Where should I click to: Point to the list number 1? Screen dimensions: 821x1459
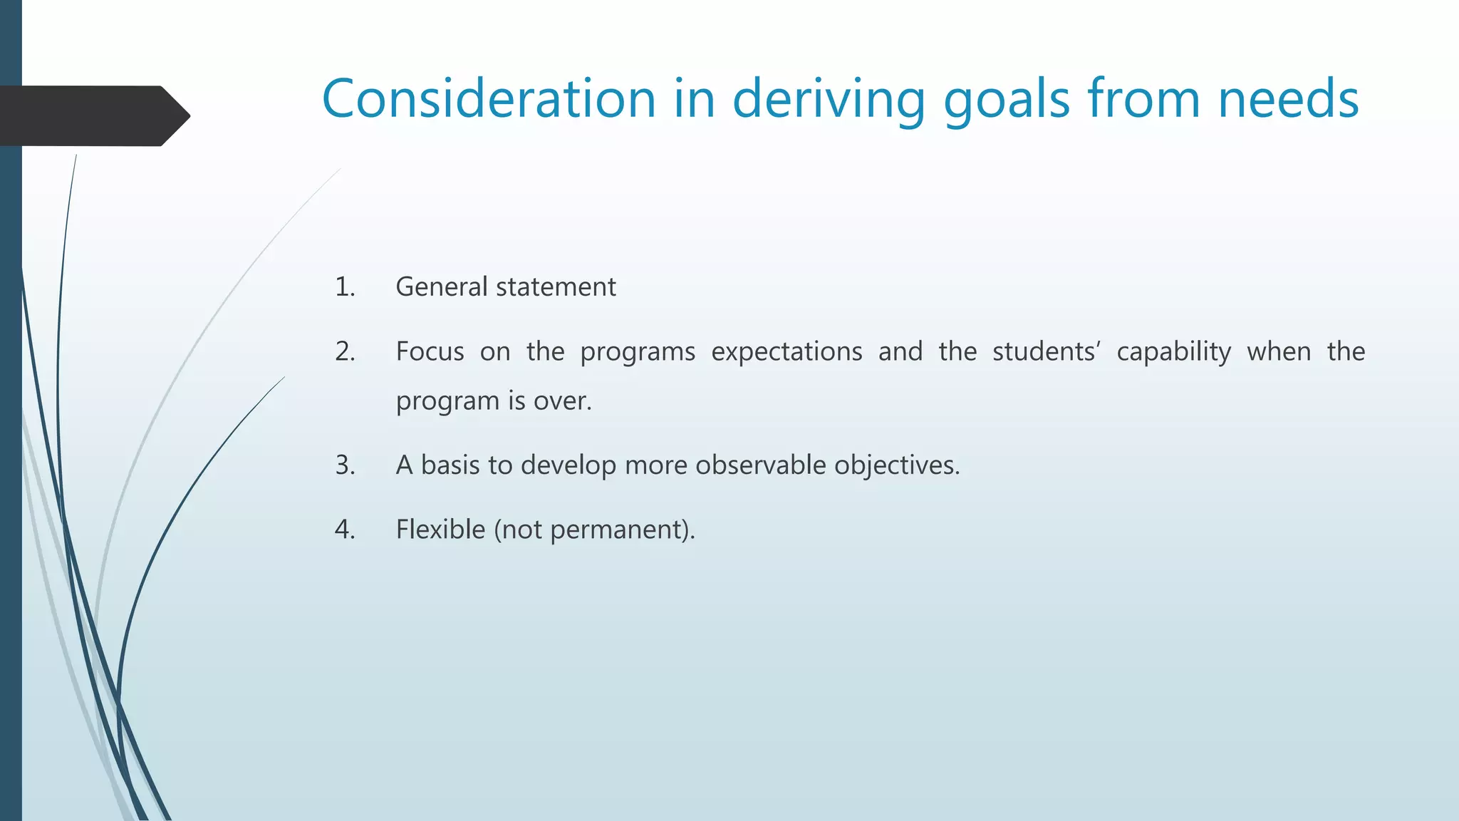coord(345,287)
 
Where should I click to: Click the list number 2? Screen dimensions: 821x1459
coord(345,352)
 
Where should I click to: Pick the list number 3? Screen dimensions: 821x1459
coord(345,465)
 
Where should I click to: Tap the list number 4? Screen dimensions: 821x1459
coord(345,530)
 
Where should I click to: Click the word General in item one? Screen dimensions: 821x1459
coord(441,287)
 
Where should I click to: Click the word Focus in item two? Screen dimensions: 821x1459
coord(430,352)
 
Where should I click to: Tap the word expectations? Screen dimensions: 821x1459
coord(786,352)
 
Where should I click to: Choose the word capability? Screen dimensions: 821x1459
coord(1173,352)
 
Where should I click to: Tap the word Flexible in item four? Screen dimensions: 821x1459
coord(440,530)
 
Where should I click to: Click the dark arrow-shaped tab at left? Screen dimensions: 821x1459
coord(93,115)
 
